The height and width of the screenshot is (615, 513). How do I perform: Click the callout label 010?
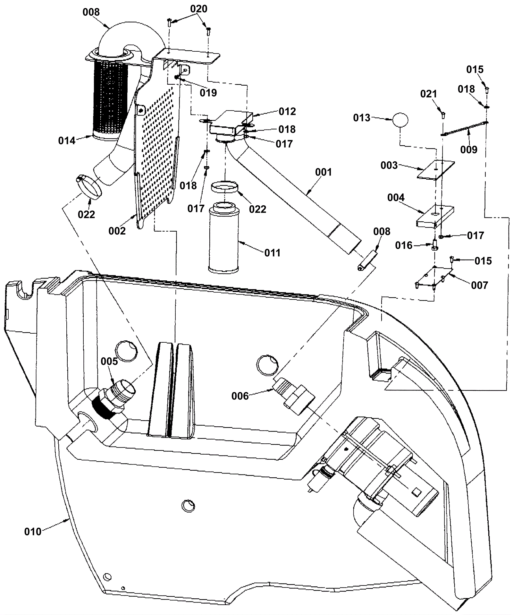point(33,532)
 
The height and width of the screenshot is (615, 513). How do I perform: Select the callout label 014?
point(67,141)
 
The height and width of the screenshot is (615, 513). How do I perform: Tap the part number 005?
point(109,361)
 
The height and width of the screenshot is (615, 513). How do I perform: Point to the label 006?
point(240,396)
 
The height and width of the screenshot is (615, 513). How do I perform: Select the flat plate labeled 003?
point(436,169)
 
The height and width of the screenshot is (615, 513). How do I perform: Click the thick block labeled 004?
point(435,216)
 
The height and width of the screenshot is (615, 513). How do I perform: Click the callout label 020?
point(199,9)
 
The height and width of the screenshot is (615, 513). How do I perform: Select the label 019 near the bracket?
point(208,93)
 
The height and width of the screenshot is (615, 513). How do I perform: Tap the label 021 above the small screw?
point(429,94)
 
